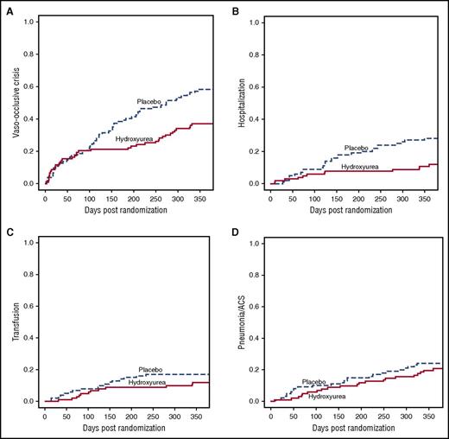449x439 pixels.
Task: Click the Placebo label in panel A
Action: pos(150,101)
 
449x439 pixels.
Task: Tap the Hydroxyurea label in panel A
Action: pos(134,138)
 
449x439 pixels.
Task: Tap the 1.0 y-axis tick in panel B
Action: pos(255,21)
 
